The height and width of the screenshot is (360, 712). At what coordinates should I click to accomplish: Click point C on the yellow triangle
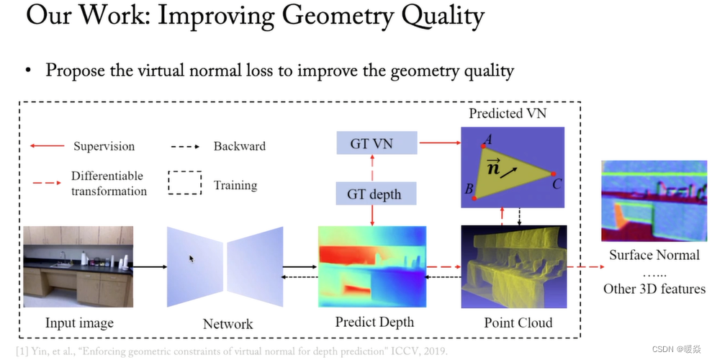(553, 174)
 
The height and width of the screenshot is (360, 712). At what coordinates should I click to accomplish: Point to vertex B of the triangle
(474, 196)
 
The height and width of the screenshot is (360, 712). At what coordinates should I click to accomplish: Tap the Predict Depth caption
(374, 322)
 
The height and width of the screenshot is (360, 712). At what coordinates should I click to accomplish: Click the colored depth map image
(372, 267)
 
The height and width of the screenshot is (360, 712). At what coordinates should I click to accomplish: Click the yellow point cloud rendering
(514, 267)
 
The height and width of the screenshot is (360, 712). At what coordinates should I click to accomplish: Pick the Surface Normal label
(654, 255)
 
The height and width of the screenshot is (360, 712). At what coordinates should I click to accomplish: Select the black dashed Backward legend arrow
(186, 146)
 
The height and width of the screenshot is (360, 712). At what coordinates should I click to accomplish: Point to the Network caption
(227, 323)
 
